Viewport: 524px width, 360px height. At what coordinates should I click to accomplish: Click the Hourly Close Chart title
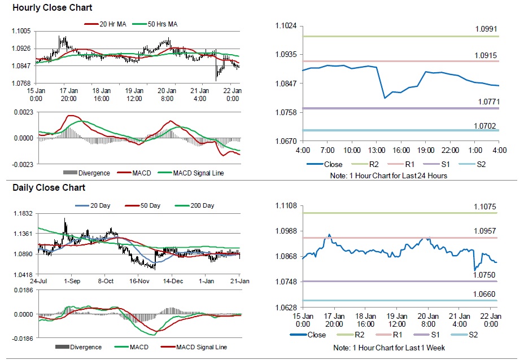click(x=53, y=8)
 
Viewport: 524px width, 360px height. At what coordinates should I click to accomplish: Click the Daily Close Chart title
click(x=49, y=187)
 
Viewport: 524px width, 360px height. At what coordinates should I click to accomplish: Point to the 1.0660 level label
click(x=484, y=294)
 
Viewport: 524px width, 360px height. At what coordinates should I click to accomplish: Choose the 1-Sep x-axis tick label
click(x=72, y=280)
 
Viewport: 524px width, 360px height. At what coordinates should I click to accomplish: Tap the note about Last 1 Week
click(x=389, y=348)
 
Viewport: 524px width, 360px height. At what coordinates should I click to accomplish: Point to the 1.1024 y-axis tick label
click(x=286, y=26)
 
